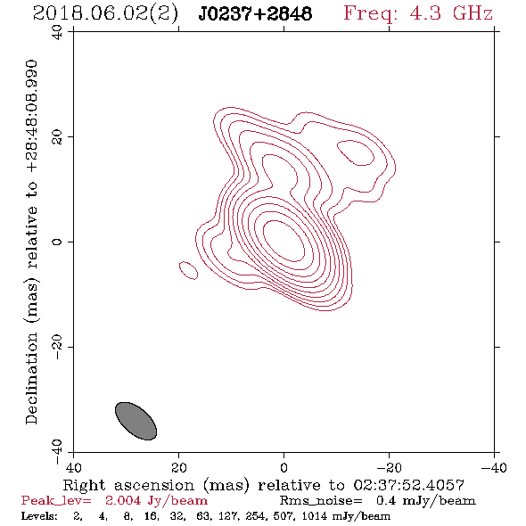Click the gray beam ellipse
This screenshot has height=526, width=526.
[x=136, y=421]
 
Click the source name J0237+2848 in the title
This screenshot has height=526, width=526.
[x=255, y=13]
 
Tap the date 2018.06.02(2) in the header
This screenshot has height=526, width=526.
[x=105, y=14]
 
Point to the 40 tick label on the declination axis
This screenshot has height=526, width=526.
[x=57, y=32]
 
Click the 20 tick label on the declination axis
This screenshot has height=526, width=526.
[x=57, y=137]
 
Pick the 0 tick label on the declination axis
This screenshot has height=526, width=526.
[x=57, y=242]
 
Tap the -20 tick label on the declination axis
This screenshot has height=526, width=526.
[x=57, y=347]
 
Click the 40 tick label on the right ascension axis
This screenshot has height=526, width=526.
[x=73, y=467]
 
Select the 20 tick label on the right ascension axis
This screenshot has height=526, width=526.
[x=179, y=467]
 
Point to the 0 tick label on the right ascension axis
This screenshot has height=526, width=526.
[x=284, y=467]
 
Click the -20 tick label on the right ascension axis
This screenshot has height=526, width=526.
[x=389, y=467]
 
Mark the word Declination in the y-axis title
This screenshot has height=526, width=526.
[x=31, y=378]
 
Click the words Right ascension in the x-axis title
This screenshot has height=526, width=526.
[x=128, y=485]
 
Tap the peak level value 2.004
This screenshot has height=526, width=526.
[x=123, y=500]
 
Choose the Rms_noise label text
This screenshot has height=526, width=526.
[x=320, y=501]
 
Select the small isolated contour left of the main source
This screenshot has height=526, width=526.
[x=188, y=270]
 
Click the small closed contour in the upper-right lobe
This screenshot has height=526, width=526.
[x=356, y=153]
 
